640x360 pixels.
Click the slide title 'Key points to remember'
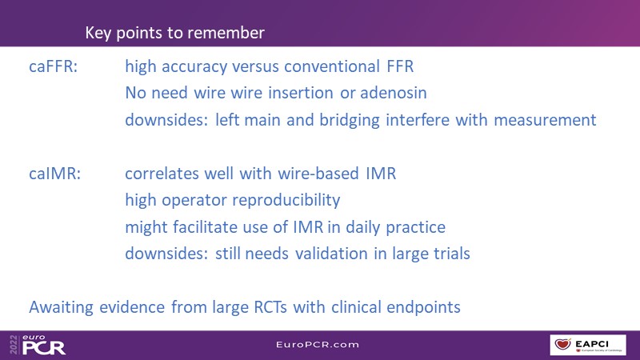coord(174,33)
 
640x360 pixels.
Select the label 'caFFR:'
coord(53,66)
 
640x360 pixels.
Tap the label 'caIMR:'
coord(54,174)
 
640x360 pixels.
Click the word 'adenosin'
coord(394,93)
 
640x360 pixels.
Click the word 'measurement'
coord(545,120)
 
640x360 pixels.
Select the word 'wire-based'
coord(318,174)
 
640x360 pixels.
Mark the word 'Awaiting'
coord(62,308)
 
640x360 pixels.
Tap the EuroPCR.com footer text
coord(318,345)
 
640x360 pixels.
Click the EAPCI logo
coord(588,345)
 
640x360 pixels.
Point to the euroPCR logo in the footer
coord(38,346)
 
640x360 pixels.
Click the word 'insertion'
coord(301,93)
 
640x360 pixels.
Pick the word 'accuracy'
coord(194,67)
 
